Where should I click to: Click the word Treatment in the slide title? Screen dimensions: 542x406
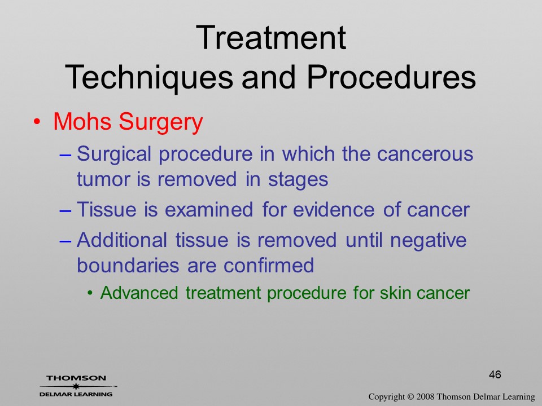(271, 38)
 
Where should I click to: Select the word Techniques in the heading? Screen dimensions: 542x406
(149, 77)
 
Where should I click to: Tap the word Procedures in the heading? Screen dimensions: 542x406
(391, 77)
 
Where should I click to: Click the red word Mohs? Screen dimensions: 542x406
(82, 122)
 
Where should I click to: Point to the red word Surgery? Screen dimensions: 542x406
(161, 122)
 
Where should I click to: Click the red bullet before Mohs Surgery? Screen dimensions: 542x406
(37, 122)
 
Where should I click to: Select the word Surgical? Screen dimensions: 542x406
(114, 154)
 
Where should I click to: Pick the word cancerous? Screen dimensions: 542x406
(425, 154)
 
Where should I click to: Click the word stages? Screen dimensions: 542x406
(298, 180)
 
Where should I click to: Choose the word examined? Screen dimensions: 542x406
(209, 210)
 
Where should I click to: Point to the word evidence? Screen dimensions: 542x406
(334, 210)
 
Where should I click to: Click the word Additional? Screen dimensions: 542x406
(122, 240)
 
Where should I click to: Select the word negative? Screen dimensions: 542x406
(429, 241)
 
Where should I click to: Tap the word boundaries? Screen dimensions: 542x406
(128, 265)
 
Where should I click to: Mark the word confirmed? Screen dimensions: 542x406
(269, 265)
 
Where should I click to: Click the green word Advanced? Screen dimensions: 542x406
(139, 293)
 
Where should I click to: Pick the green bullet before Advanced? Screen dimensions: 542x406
(90, 293)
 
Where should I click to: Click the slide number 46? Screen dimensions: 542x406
(495, 374)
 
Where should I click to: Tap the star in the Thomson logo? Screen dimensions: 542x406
(76, 386)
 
